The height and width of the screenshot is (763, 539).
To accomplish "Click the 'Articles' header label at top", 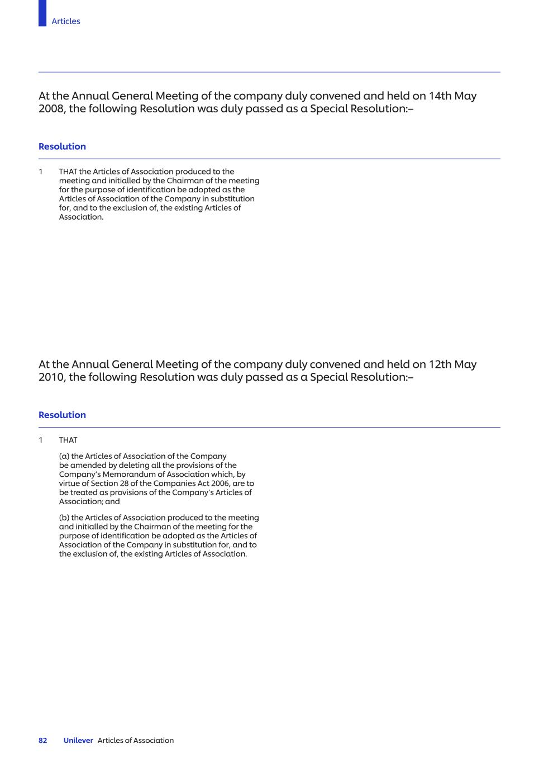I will (x=66, y=21).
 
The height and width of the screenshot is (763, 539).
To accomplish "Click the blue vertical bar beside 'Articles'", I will (x=42, y=13).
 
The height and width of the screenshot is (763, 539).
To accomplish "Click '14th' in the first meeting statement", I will (x=440, y=96).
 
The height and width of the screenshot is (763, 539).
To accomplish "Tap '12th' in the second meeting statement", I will (x=440, y=364).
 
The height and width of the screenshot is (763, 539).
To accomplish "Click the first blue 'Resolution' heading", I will (x=62, y=146).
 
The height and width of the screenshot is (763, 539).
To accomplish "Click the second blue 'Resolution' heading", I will (x=62, y=415).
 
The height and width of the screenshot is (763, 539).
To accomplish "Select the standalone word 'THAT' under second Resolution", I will (x=68, y=440).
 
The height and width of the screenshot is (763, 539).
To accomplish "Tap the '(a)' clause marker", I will (x=64, y=456).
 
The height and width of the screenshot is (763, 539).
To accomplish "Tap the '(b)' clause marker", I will (x=64, y=518).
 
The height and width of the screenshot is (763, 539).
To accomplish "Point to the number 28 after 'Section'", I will (x=124, y=484).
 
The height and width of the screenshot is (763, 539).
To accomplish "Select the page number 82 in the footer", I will (x=43, y=741).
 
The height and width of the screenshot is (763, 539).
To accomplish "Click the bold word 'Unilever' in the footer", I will (x=78, y=741).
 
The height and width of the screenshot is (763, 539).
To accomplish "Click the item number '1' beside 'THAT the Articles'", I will (x=41, y=172).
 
